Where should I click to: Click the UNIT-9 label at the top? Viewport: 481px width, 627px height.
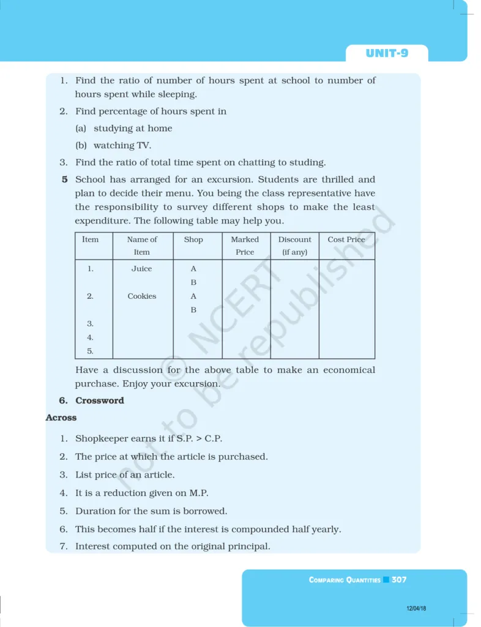point(387,53)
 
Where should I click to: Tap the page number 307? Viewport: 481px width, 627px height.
point(399,579)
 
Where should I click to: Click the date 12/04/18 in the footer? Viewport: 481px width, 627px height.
point(416,608)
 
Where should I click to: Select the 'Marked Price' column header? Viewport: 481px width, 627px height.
point(245,246)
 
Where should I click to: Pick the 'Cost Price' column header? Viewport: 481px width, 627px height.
point(346,239)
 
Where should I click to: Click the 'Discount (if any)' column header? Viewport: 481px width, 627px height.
point(294,246)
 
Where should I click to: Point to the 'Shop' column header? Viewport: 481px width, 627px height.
point(193,239)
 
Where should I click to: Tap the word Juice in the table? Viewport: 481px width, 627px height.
point(141,269)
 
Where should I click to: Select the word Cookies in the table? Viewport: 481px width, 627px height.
point(141,296)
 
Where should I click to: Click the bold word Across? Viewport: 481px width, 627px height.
point(61,418)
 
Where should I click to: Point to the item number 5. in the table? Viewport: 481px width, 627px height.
point(90,351)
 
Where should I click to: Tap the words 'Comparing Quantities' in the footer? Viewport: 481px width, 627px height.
point(345,580)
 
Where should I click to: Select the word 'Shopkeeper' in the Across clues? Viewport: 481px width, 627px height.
point(100,438)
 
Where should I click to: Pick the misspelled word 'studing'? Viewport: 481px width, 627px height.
point(308,162)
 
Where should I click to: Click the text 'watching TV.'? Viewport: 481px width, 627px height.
point(122,146)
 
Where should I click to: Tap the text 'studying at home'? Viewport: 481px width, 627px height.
point(133,129)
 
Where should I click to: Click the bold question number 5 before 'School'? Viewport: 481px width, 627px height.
point(64,180)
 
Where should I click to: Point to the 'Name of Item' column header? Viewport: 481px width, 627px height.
point(142,246)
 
